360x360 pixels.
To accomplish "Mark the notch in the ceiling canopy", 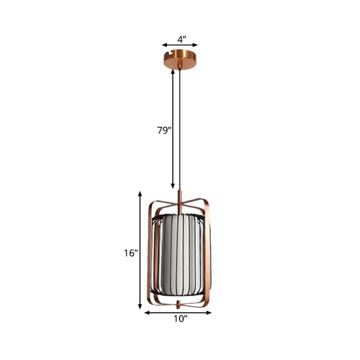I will coord(180,53).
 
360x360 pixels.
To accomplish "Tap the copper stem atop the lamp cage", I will coord(180,200).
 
